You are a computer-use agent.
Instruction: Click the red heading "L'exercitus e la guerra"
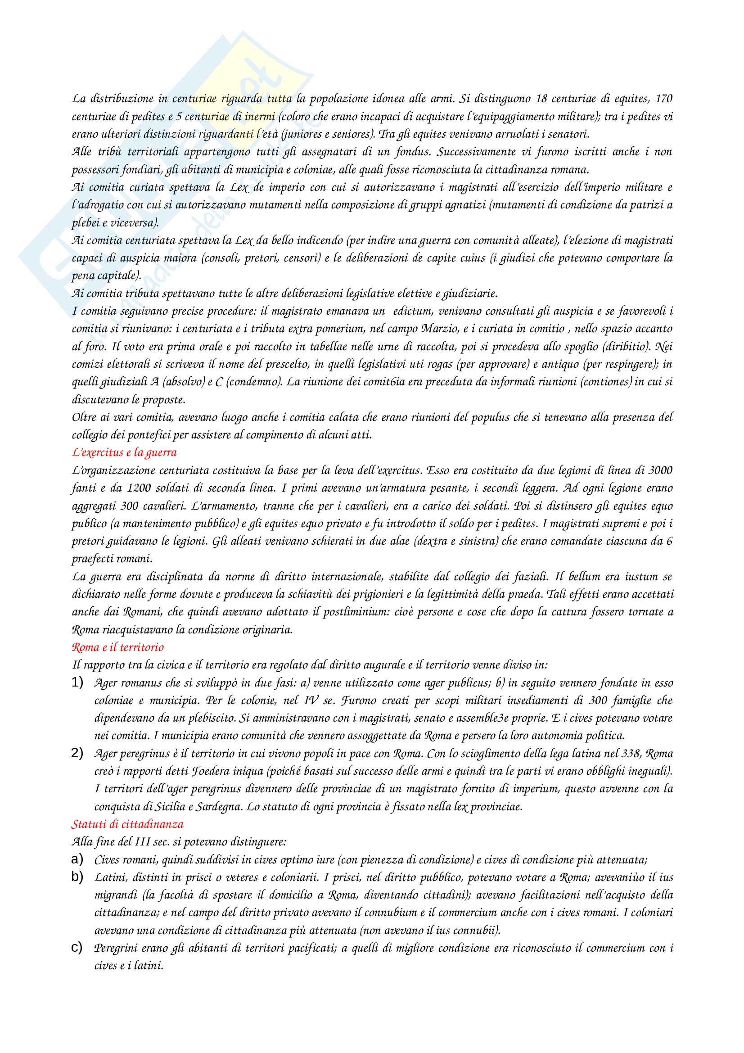pos(124,452)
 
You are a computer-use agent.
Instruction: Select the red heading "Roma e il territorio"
pos(118,647)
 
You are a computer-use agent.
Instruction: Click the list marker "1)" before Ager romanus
pos(77,683)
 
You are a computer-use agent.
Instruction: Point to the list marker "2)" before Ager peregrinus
pos(77,753)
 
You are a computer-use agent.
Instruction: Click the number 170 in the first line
pos(664,99)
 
